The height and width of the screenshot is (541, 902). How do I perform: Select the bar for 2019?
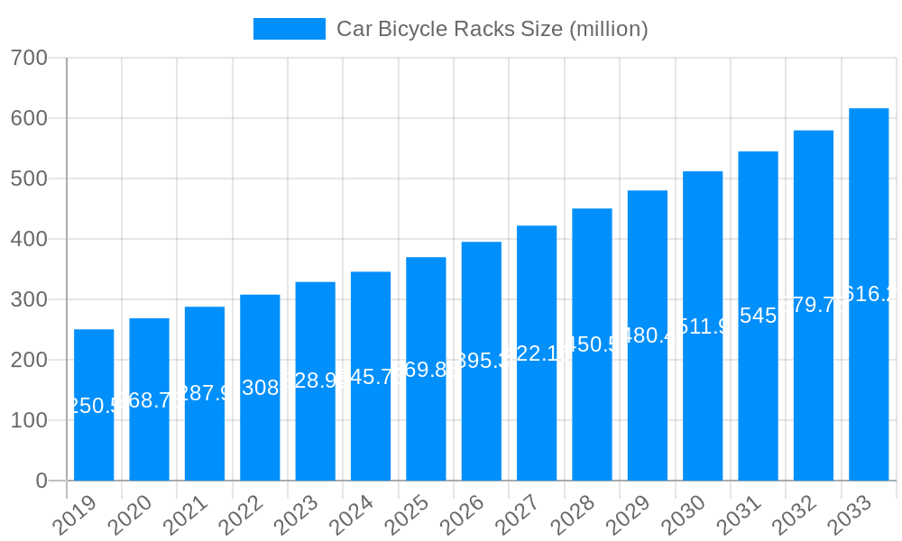[x=94, y=405]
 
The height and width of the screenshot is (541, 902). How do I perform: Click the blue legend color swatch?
[x=289, y=29]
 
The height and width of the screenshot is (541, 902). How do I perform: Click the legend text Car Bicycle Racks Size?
[x=492, y=29]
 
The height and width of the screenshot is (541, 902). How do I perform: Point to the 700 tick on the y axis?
[x=29, y=58]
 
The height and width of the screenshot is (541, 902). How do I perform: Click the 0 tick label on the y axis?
[x=41, y=481]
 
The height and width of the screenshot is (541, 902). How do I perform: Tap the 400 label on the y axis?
[x=29, y=239]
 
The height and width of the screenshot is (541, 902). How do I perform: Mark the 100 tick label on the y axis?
[x=29, y=420]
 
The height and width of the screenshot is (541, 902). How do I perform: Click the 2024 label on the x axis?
[x=351, y=515]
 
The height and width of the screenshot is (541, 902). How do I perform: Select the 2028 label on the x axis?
[x=572, y=515]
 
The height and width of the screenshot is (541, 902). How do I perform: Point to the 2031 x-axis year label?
[x=738, y=515]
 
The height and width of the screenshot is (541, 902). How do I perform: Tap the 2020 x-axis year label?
[x=129, y=515]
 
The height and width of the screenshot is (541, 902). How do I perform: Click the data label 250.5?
[x=94, y=406]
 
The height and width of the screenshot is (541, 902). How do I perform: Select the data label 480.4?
[x=648, y=335]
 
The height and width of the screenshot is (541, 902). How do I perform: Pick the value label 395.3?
[x=482, y=361]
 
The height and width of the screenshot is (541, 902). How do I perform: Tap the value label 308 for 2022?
[x=260, y=388]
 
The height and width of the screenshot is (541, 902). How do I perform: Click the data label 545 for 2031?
[x=758, y=316]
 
